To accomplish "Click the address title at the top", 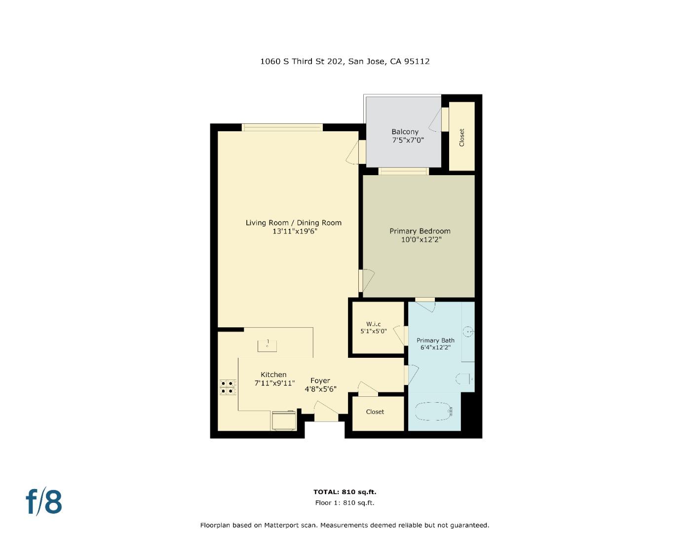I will [x=345, y=61].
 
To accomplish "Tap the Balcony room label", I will [x=405, y=132].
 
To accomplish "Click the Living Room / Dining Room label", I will [x=293, y=223].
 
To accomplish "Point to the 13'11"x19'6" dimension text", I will [x=294, y=231].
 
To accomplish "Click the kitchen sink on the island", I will [x=267, y=345].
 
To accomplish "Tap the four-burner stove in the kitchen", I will [x=228, y=387].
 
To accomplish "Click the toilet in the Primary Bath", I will [x=464, y=380].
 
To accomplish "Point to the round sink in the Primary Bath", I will [x=468, y=331].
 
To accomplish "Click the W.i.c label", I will [x=373, y=324].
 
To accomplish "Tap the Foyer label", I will [x=320, y=381].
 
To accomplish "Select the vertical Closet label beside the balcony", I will [x=462, y=138].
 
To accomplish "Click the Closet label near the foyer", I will [x=375, y=412].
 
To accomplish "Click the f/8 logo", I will [x=44, y=501].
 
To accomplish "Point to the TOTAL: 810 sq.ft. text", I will [x=345, y=492].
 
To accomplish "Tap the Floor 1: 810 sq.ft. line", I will [x=345, y=503].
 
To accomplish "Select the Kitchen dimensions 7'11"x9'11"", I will [x=274, y=383].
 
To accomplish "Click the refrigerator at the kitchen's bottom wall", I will [x=284, y=420].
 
